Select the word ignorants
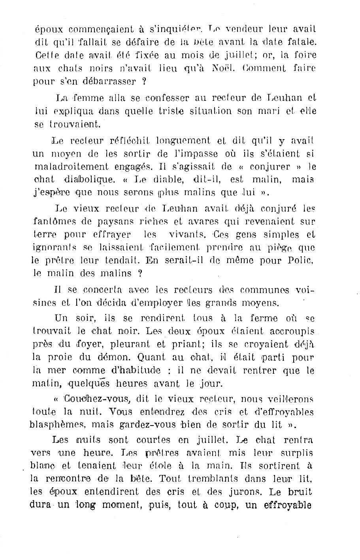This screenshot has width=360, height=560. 55,248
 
